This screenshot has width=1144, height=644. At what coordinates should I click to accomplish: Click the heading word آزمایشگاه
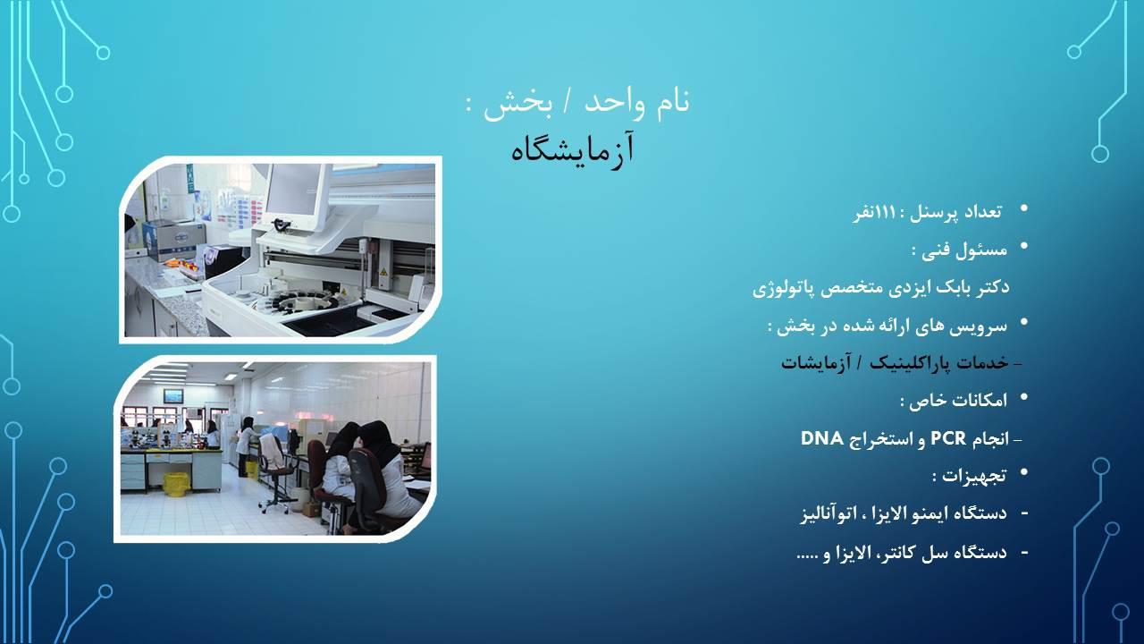point(573,148)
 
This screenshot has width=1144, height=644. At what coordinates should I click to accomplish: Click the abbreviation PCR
point(948,438)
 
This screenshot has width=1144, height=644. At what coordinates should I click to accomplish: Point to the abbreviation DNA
point(823,438)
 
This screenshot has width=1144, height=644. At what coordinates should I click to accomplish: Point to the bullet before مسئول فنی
point(1024,246)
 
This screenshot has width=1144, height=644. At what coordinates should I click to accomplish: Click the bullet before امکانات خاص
point(1024,398)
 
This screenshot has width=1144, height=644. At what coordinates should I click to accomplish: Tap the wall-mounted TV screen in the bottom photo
point(173,395)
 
